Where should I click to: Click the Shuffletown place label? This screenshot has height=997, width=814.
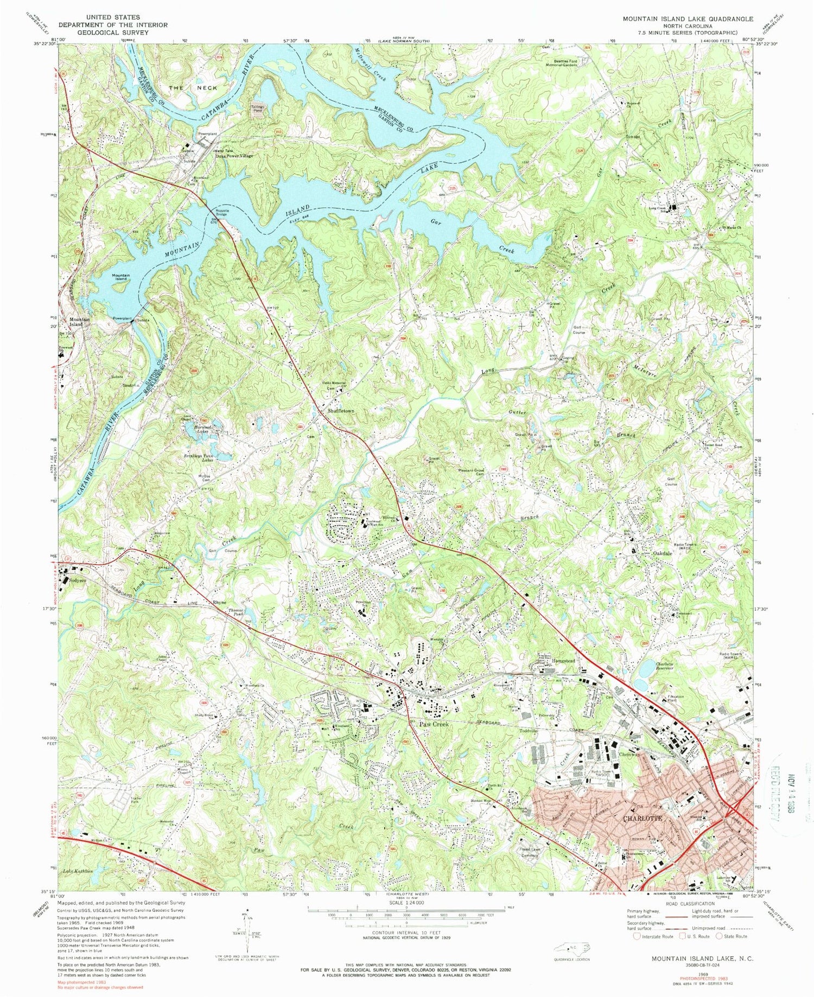(340, 411)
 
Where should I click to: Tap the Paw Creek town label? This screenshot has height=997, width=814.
(433, 724)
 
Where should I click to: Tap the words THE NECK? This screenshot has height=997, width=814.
(193, 88)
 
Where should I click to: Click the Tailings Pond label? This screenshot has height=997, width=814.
(257, 108)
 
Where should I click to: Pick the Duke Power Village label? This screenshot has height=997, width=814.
(234, 156)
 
